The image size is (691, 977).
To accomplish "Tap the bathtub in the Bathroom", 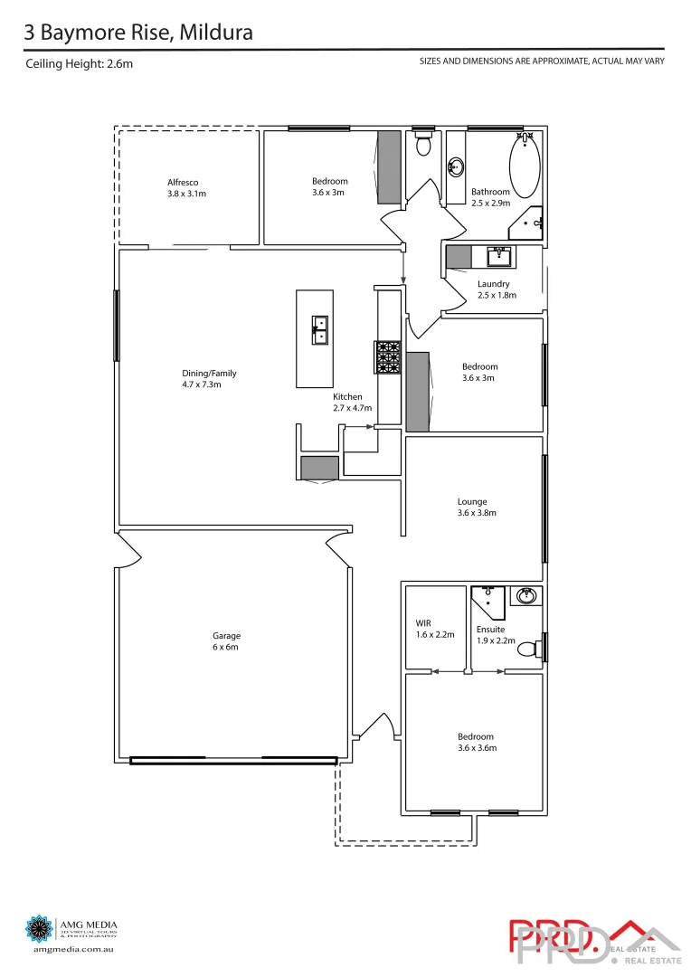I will point(525,162).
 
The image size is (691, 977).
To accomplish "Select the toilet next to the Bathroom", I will point(422,144).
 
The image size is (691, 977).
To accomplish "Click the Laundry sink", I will point(499,257).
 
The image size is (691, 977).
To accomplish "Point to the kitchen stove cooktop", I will point(388,356).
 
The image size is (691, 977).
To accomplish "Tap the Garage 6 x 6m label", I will point(226,641).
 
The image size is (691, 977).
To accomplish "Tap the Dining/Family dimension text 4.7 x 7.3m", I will point(202,384).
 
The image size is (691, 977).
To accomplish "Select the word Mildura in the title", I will point(216,33).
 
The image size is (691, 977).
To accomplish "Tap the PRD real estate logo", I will point(592,941).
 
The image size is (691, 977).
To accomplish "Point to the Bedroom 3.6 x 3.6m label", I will point(476,742).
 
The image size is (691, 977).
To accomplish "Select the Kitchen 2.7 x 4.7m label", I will point(348,403).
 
